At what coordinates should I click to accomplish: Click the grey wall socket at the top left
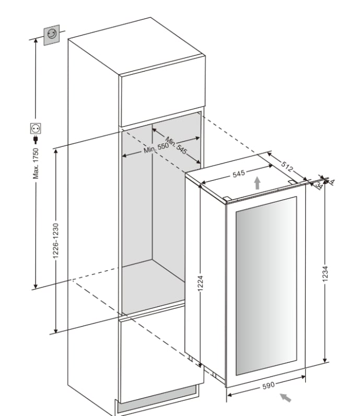tap(52, 36)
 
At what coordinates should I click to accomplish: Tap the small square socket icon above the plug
tap(36, 128)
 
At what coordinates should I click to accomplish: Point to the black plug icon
tap(36, 140)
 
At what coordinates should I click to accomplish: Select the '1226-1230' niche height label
tap(56, 240)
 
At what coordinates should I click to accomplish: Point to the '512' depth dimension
tap(286, 166)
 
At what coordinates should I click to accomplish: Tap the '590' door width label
tap(268, 386)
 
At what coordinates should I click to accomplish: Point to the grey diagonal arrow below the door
tap(285, 398)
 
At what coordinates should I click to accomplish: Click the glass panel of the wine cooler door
tap(265, 285)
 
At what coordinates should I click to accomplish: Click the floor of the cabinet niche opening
tap(152, 282)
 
